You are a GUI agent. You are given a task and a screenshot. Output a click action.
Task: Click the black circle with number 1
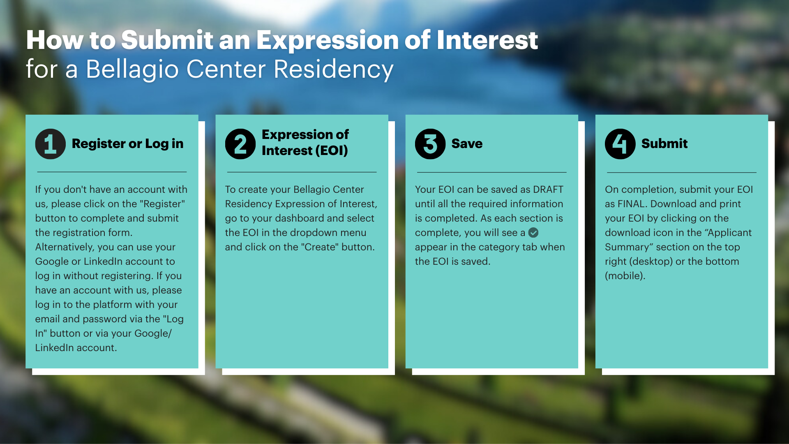50,144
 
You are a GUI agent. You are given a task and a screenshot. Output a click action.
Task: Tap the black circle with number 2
240,144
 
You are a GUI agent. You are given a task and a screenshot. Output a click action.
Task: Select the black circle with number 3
430,144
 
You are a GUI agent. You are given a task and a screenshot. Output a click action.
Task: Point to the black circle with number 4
620,144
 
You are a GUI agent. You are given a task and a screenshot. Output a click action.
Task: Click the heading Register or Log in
127,143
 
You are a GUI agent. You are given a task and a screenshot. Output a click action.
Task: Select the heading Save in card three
467,143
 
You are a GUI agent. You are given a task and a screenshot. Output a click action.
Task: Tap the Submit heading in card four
664,143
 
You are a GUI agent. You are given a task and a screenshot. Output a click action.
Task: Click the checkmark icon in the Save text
533,233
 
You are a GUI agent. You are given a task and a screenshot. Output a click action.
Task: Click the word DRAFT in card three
548,190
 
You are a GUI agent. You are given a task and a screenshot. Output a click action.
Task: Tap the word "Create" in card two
320,247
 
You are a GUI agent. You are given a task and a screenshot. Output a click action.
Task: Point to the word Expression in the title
327,40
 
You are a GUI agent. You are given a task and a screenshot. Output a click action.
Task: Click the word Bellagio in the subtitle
132,69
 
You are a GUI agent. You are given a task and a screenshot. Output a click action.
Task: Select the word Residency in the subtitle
333,69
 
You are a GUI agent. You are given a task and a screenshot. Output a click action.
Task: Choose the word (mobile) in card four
625,276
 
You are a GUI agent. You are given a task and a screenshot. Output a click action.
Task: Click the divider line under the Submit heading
681,172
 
